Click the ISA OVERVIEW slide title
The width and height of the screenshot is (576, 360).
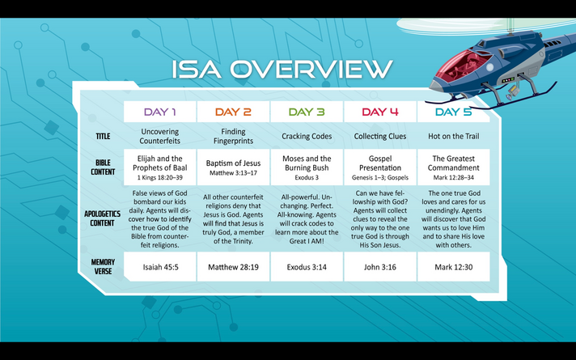(282, 69)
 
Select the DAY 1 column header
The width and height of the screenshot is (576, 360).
(160, 112)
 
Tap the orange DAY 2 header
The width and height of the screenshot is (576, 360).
(233, 112)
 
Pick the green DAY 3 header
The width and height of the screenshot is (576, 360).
(307, 112)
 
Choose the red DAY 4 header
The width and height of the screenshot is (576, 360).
(380, 112)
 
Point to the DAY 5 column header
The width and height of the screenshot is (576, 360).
(453, 112)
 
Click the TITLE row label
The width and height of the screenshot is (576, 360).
(103, 136)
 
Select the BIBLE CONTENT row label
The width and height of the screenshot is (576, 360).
(103, 167)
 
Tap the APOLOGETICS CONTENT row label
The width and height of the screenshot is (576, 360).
(102, 218)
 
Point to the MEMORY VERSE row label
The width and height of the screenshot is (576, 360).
(103, 267)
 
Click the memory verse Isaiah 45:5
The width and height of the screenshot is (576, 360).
(160, 267)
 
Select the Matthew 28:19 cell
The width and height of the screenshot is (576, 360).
(233, 267)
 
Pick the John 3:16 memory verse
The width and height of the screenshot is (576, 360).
(380, 267)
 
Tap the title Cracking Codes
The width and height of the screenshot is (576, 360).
(307, 136)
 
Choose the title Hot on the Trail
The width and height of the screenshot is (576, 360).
(454, 136)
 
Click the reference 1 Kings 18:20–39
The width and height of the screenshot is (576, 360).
(160, 178)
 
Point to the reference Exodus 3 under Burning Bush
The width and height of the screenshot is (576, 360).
(307, 178)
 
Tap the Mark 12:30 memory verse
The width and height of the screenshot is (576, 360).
(454, 267)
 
